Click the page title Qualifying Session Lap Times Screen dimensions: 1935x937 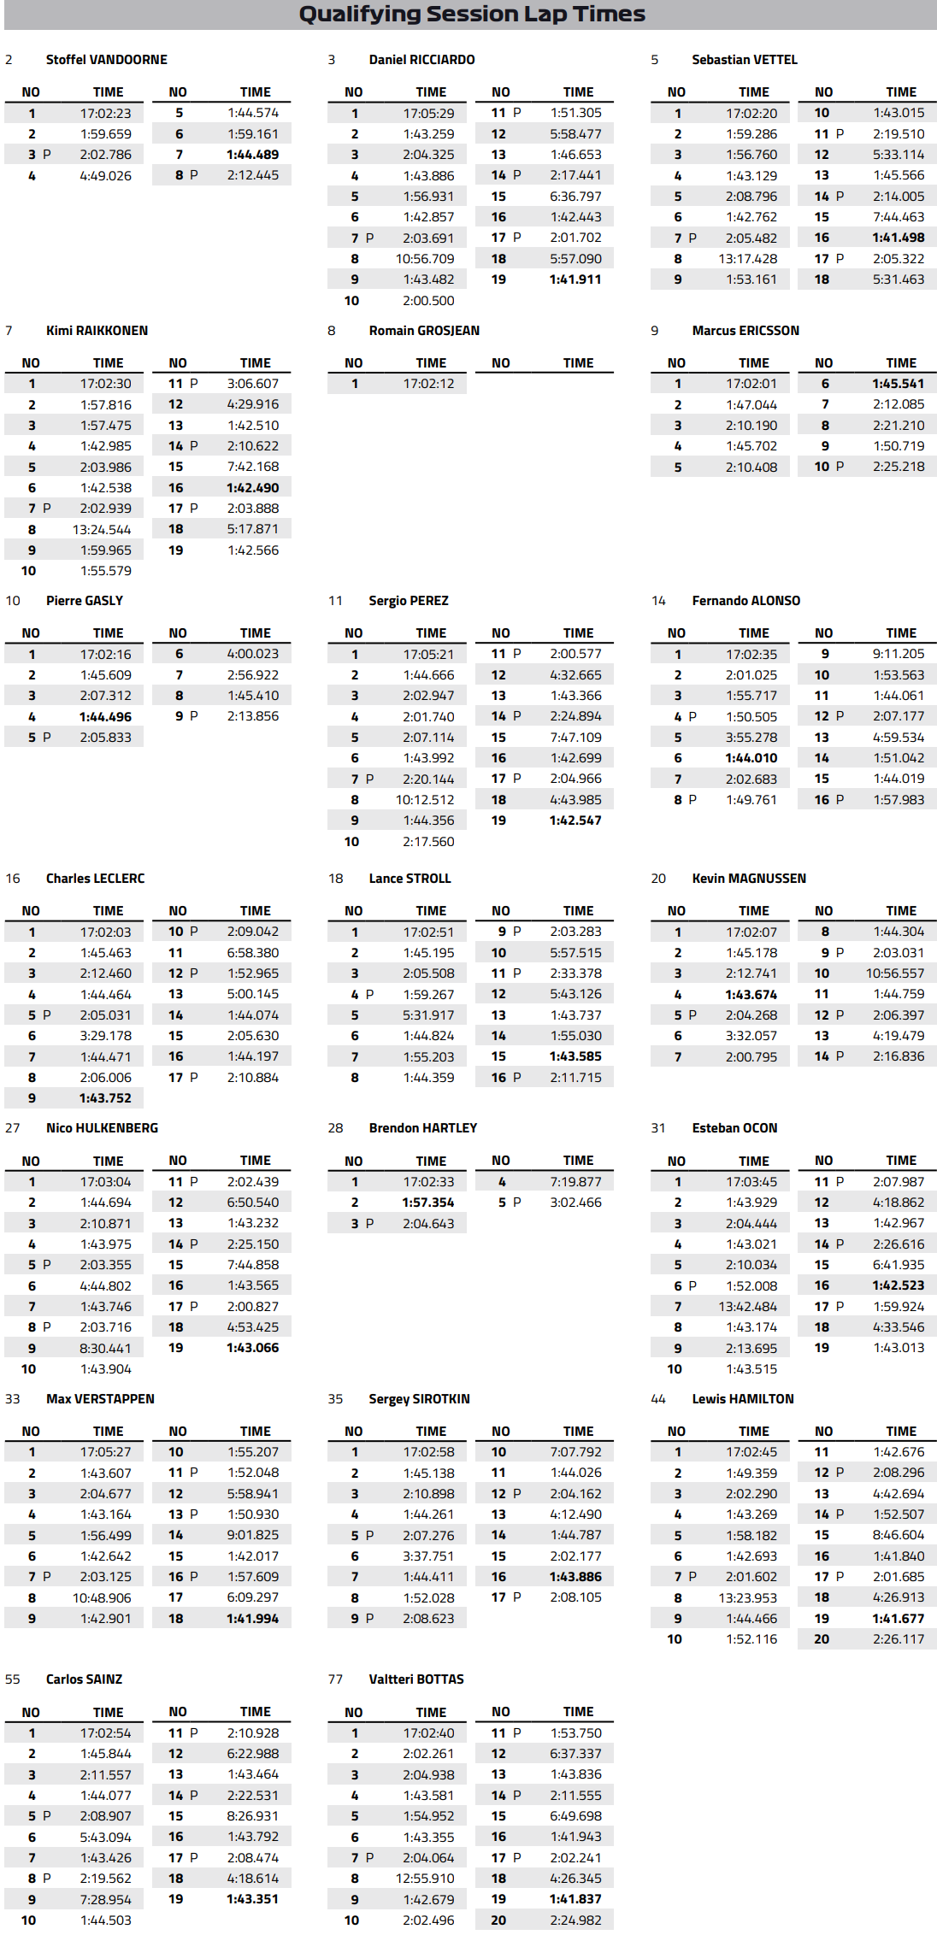pos(472,15)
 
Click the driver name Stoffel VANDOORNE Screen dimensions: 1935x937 pos(106,60)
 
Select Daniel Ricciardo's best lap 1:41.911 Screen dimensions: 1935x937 pos(575,279)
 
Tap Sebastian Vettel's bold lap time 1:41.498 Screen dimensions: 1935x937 pos(899,238)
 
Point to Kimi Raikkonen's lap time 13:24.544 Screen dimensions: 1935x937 pos(102,530)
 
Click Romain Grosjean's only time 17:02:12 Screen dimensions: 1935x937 pos(428,384)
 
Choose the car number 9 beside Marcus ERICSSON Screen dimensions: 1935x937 pos(655,331)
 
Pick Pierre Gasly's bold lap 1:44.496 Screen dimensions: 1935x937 pos(105,717)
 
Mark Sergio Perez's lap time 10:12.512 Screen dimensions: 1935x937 pos(425,800)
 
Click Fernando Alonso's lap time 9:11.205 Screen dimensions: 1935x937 pos(899,654)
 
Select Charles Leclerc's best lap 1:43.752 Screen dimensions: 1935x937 pos(105,1098)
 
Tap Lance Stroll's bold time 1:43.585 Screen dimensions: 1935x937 pos(575,1056)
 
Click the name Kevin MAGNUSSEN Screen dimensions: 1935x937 pos(749,879)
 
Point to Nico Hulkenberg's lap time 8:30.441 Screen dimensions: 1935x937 pos(105,1349)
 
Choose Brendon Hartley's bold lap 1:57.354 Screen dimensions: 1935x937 pos(428,1203)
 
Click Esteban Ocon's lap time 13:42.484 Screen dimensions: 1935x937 pos(748,1307)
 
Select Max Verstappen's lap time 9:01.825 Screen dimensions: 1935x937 pos(253,1535)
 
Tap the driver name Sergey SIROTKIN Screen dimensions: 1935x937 pos(419,1399)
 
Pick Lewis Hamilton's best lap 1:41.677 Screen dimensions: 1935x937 pos(899,1619)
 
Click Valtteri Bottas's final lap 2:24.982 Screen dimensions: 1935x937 pos(575,1920)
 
